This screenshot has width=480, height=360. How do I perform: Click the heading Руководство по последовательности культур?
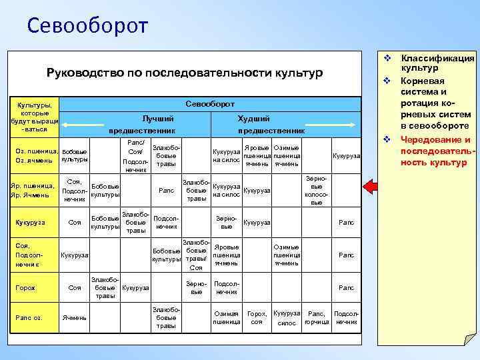click(x=184, y=72)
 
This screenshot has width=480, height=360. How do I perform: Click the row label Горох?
click(x=27, y=287)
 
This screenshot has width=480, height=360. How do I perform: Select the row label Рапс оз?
click(x=29, y=317)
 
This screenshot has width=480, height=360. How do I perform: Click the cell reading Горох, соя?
click(x=257, y=317)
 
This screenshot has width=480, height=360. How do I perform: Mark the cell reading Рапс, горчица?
click(x=316, y=317)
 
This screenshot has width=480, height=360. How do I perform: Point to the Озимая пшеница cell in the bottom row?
click(x=226, y=317)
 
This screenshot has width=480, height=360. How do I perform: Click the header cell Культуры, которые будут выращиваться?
click(x=33, y=117)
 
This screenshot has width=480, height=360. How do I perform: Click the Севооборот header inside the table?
click(x=210, y=104)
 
